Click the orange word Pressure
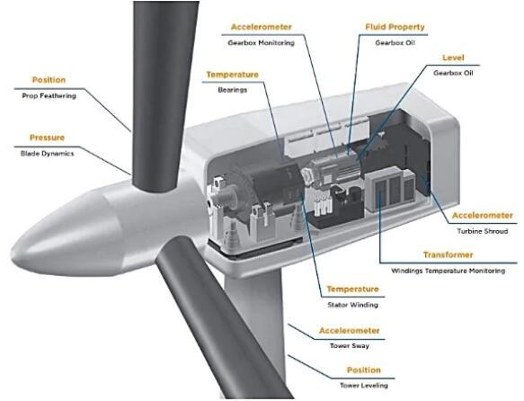[x=47, y=138]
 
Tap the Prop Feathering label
[x=49, y=96]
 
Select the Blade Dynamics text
[x=47, y=154]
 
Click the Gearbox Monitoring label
[x=261, y=43]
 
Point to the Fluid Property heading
[x=395, y=27]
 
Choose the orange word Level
[x=453, y=58]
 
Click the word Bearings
[x=232, y=90]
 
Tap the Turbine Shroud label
[x=483, y=231]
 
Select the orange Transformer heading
[x=449, y=255]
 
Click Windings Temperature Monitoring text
[x=449, y=271]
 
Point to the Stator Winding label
[x=352, y=305]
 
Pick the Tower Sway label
[x=350, y=346]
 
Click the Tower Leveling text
[x=364, y=386]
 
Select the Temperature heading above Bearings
[x=232, y=75]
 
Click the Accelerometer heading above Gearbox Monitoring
[x=261, y=27]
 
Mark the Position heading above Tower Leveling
[x=364, y=370]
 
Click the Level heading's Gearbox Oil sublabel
[x=453, y=73]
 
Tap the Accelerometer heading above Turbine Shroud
[x=483, y=216]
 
